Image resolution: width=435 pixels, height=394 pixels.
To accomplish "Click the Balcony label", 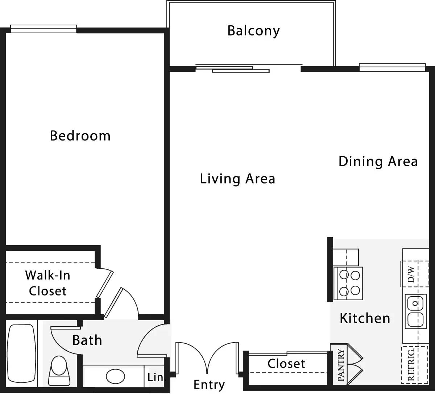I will tap(253, 31).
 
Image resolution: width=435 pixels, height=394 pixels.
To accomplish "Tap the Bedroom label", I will tap(80, 136).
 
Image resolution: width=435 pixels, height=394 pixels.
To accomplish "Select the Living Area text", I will tap(237, 179).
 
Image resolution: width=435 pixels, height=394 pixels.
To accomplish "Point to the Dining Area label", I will tap(378, 161).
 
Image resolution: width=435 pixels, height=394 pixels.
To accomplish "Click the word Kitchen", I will tap(365, 318).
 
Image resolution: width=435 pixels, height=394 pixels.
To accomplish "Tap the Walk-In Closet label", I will tap(47, 283).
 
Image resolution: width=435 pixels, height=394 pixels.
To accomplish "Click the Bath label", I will tap(87, 340).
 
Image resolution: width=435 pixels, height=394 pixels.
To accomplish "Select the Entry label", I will tap(209, 385).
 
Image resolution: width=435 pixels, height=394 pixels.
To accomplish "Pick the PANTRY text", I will tap(341, 365).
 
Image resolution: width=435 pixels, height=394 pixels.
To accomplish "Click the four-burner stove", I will tap(348, 284).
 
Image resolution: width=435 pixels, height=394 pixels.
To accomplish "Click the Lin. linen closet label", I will tap(156, 377).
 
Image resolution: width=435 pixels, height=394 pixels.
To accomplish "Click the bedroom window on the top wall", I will tap(43, 29).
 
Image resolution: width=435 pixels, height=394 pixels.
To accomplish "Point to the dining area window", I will tap(392, 67).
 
